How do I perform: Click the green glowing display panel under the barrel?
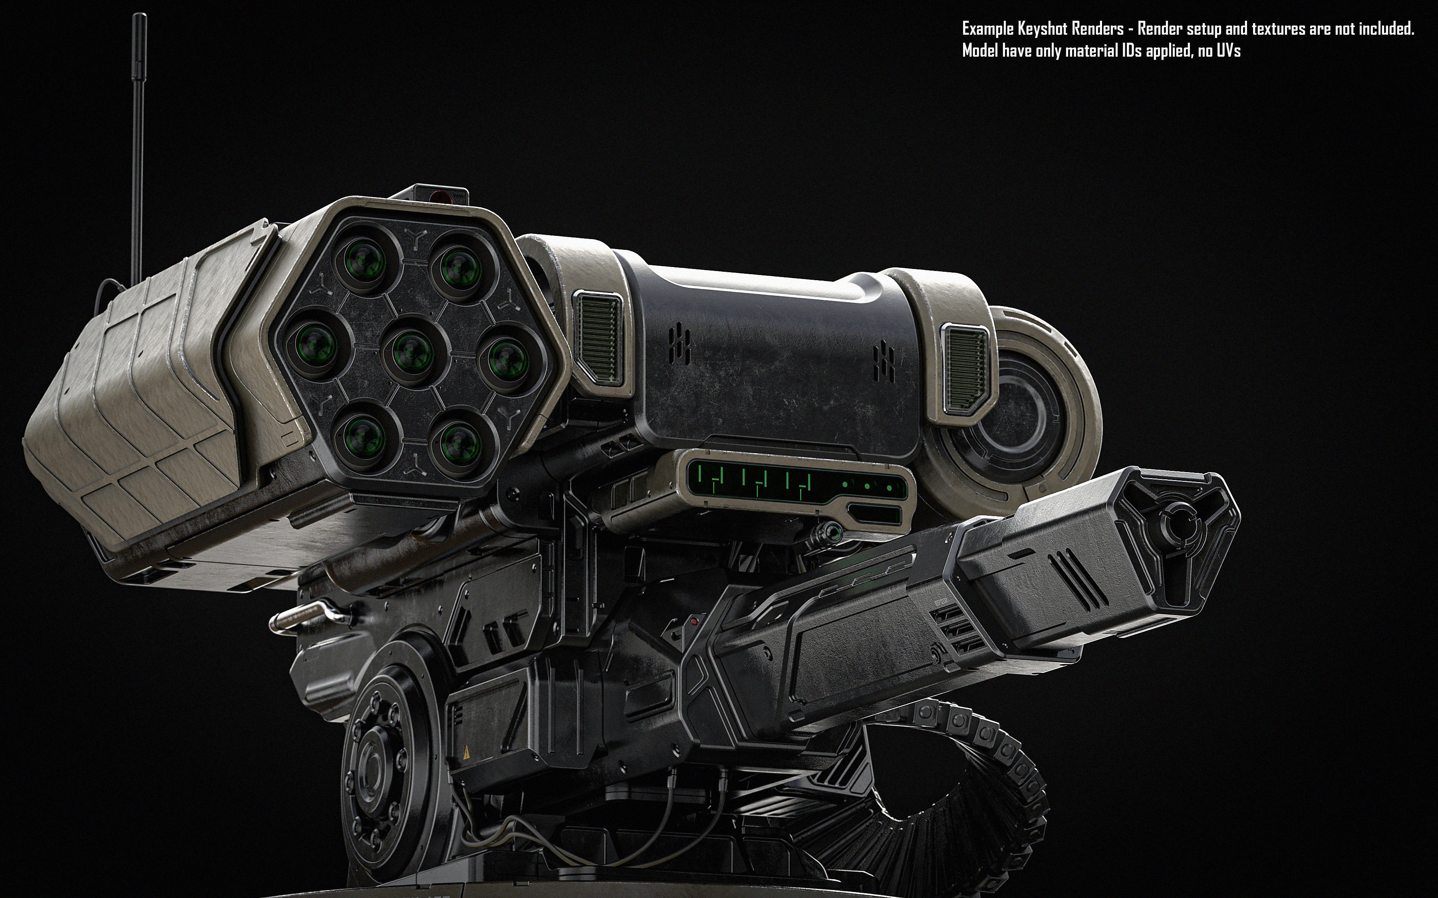796,481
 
